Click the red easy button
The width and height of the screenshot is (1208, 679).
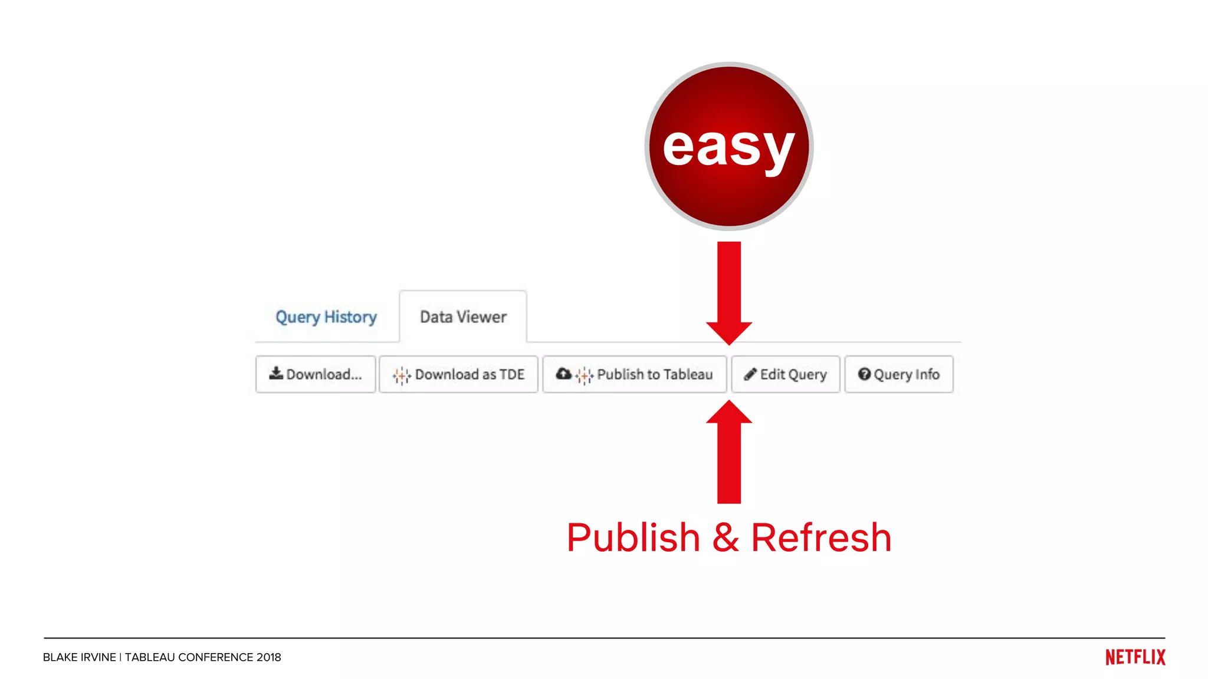point(729,146)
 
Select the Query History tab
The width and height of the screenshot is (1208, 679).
point(326,317)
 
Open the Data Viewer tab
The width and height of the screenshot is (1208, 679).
point(463,317)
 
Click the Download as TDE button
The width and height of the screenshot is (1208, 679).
point(458,374)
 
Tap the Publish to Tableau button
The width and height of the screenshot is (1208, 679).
point(635,374)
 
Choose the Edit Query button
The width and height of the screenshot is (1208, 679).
point(786,374)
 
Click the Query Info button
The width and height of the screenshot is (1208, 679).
point(899,374)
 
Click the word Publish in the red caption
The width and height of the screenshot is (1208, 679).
point(633,538)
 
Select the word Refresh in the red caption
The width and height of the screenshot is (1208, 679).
point(821,538)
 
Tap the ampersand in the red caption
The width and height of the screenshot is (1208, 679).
point(726,538)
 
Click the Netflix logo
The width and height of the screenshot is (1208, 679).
point(1135,657)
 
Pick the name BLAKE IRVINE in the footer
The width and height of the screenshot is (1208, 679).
point(80,657)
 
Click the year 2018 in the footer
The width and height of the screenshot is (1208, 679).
point(268,657)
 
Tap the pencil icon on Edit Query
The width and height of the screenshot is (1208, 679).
point(750,374)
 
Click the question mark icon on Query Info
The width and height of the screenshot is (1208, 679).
point(864,374)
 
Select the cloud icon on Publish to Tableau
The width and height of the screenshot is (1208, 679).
point(564,374)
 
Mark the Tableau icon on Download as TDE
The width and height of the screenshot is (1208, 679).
point(402,375)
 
